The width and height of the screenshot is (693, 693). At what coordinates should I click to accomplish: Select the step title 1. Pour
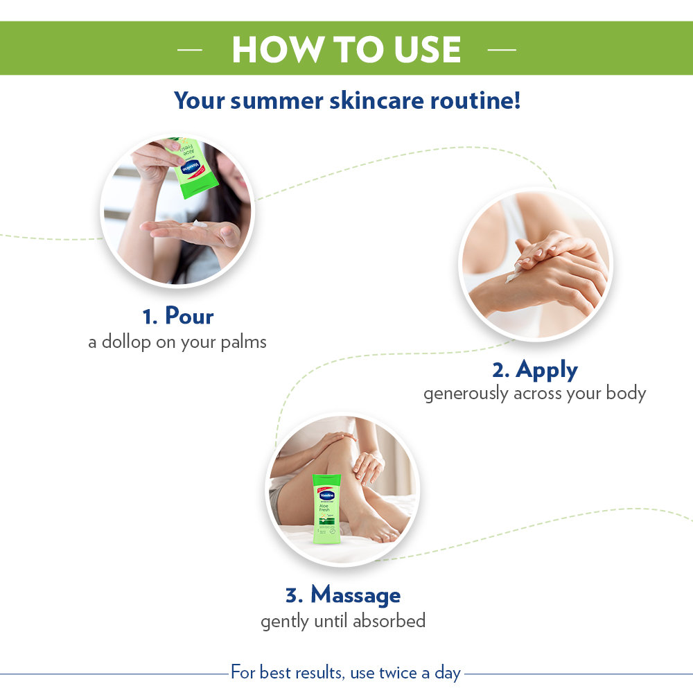[x=177, y=316]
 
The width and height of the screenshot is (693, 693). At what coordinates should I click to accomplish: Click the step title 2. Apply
[x=534, y=370]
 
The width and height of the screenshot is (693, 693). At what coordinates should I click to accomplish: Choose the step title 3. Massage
[x=342, y=595]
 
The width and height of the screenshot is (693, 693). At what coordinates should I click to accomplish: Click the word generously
[x=466, y=394]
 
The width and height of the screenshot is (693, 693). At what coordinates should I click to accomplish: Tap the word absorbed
[x=389, y=620]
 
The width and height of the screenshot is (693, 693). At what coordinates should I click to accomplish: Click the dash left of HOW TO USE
[x=190, y=50]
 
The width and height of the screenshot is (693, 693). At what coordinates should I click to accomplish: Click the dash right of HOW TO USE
[x=502, y=50]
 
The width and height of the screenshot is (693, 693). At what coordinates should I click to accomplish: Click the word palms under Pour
[x=243, y=342]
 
